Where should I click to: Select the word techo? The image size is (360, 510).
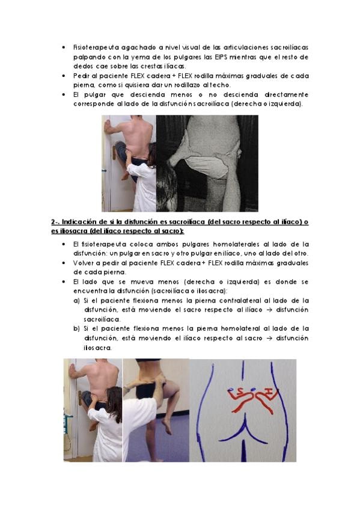coord(221,85)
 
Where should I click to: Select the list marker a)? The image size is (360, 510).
coord(77,301)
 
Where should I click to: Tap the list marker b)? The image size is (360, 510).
coord(77,329)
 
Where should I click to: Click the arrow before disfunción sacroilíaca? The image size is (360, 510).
coord(269,310)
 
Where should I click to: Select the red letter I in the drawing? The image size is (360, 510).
coord(269,392)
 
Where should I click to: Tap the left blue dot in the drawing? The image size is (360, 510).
coord(231,389)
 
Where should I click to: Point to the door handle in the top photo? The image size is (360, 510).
coord(114,153)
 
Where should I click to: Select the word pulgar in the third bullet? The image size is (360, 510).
coord(95,95)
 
